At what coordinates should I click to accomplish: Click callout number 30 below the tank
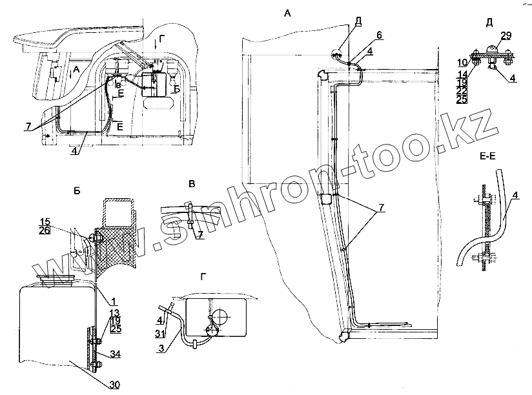point(114,385)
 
